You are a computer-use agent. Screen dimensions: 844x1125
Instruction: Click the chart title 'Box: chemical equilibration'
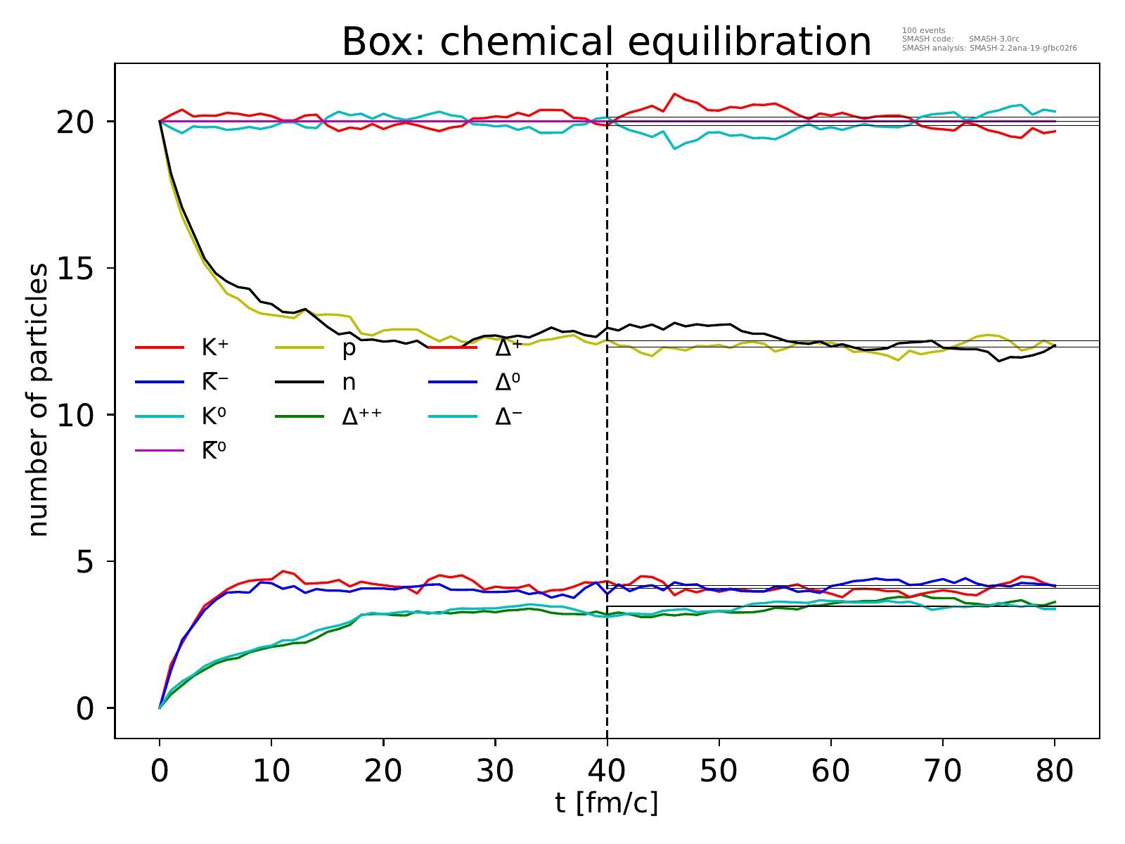click(606, 42)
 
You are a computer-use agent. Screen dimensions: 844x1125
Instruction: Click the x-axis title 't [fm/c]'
click(606, 803)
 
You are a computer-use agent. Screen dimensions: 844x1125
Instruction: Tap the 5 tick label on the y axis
click(86, 562)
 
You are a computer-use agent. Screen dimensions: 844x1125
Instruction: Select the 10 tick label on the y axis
click(76, 415)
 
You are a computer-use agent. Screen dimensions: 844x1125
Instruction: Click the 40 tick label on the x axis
click(607, 771)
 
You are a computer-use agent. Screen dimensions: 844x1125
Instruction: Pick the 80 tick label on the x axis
click(1055, 771)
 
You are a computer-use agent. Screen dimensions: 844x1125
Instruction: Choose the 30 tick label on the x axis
click(495, 771)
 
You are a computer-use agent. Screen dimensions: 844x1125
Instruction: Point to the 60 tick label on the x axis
click(830, 771)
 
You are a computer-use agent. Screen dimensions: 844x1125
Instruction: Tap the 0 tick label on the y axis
click(86, 708)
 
